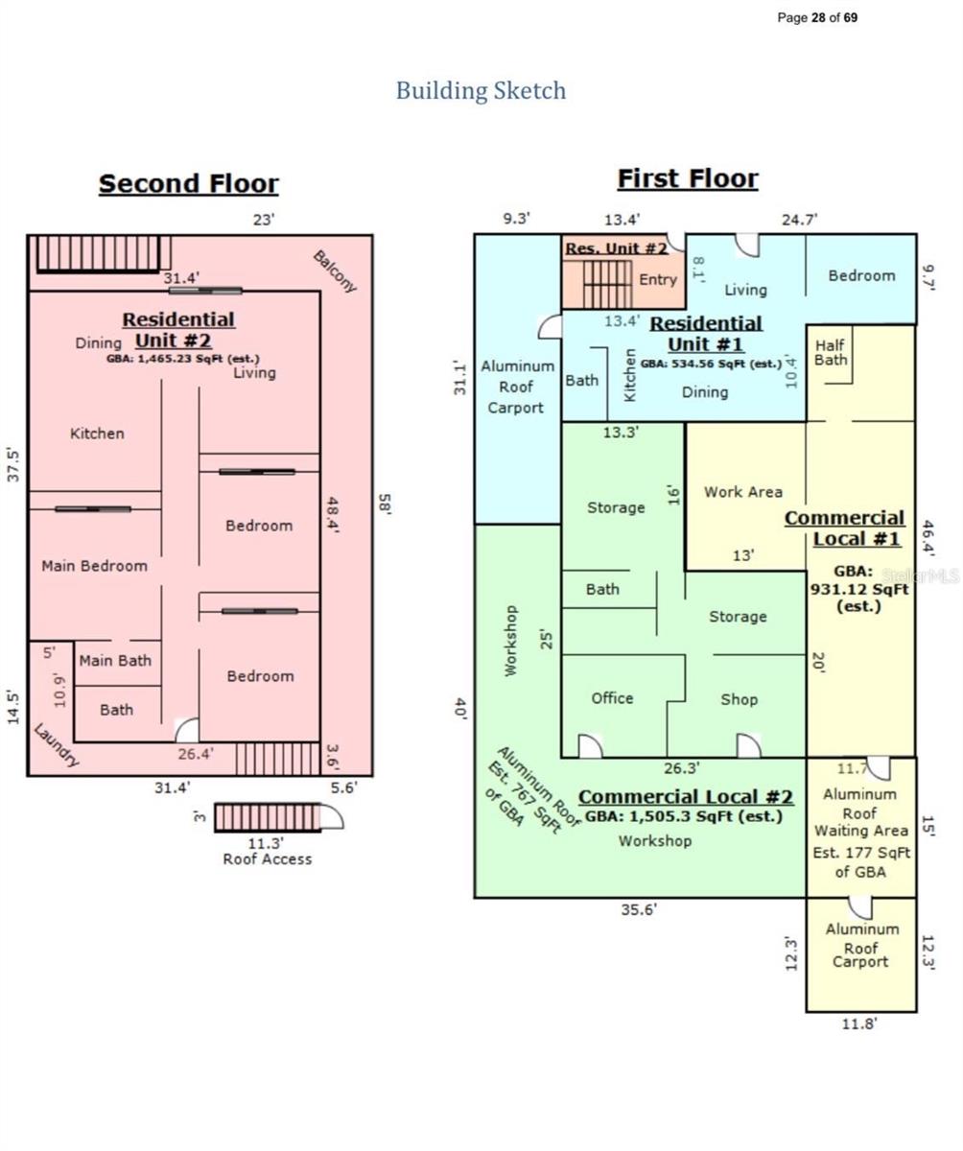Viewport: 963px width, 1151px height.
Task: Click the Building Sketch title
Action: click(x=481, y=91)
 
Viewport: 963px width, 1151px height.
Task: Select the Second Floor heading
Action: click(x=188, y=183)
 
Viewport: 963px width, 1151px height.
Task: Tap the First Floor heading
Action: click(x=687, y=178)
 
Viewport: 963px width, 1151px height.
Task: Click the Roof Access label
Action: click(x=267, y=859)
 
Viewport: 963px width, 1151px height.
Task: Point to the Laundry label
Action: click(x=55, y=745)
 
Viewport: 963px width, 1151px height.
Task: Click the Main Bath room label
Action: click(x=115, y=660)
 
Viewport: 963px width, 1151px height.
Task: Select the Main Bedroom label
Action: click(x=94, y=566)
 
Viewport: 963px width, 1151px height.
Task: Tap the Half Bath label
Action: click(x=832, y=352)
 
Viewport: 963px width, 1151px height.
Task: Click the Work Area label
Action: click(x=742, y=491)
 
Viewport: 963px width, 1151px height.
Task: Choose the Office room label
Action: click(x=612, y=698)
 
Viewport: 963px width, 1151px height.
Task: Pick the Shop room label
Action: click(x=739, y=699)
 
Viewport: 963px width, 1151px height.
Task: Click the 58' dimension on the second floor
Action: click(x=385, y=504)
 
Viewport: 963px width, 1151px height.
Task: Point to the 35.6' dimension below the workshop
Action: click(x=639, y=910)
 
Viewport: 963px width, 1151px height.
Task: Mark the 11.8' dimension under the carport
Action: click(x=858, y=1023)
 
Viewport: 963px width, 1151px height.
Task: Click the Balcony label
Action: click(x=335, y=271)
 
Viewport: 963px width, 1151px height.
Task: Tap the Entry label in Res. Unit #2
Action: click(x=658, y=279)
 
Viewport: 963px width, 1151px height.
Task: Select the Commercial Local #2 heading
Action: click(x=686, y=797)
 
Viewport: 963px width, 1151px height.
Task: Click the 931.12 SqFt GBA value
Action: click(x=858, y=589)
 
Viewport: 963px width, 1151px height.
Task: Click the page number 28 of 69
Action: click(x=817, y=17)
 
